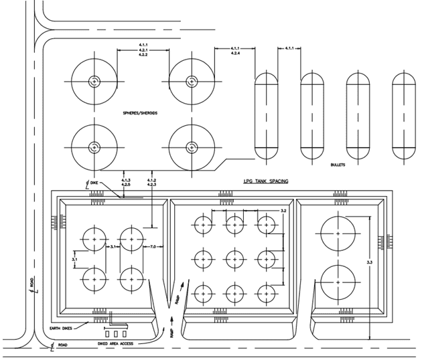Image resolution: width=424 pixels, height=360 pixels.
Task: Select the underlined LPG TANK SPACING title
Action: click(x=265, y=181)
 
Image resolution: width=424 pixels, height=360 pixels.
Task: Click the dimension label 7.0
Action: click(x=153, y=247)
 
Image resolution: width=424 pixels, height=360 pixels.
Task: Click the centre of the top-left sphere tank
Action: click(x=94, y=82)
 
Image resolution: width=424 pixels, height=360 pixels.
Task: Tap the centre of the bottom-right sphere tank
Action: click(x=190, y=147)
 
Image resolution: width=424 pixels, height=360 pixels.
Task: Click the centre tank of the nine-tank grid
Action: click(x=235, y=258)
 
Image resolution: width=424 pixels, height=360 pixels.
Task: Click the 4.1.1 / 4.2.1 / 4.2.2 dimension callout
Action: click(x=142, y=50)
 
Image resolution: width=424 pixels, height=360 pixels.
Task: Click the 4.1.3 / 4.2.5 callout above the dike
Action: click(x=125, y=182)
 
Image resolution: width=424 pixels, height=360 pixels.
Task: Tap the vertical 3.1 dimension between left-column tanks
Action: click(x=75, y=258)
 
